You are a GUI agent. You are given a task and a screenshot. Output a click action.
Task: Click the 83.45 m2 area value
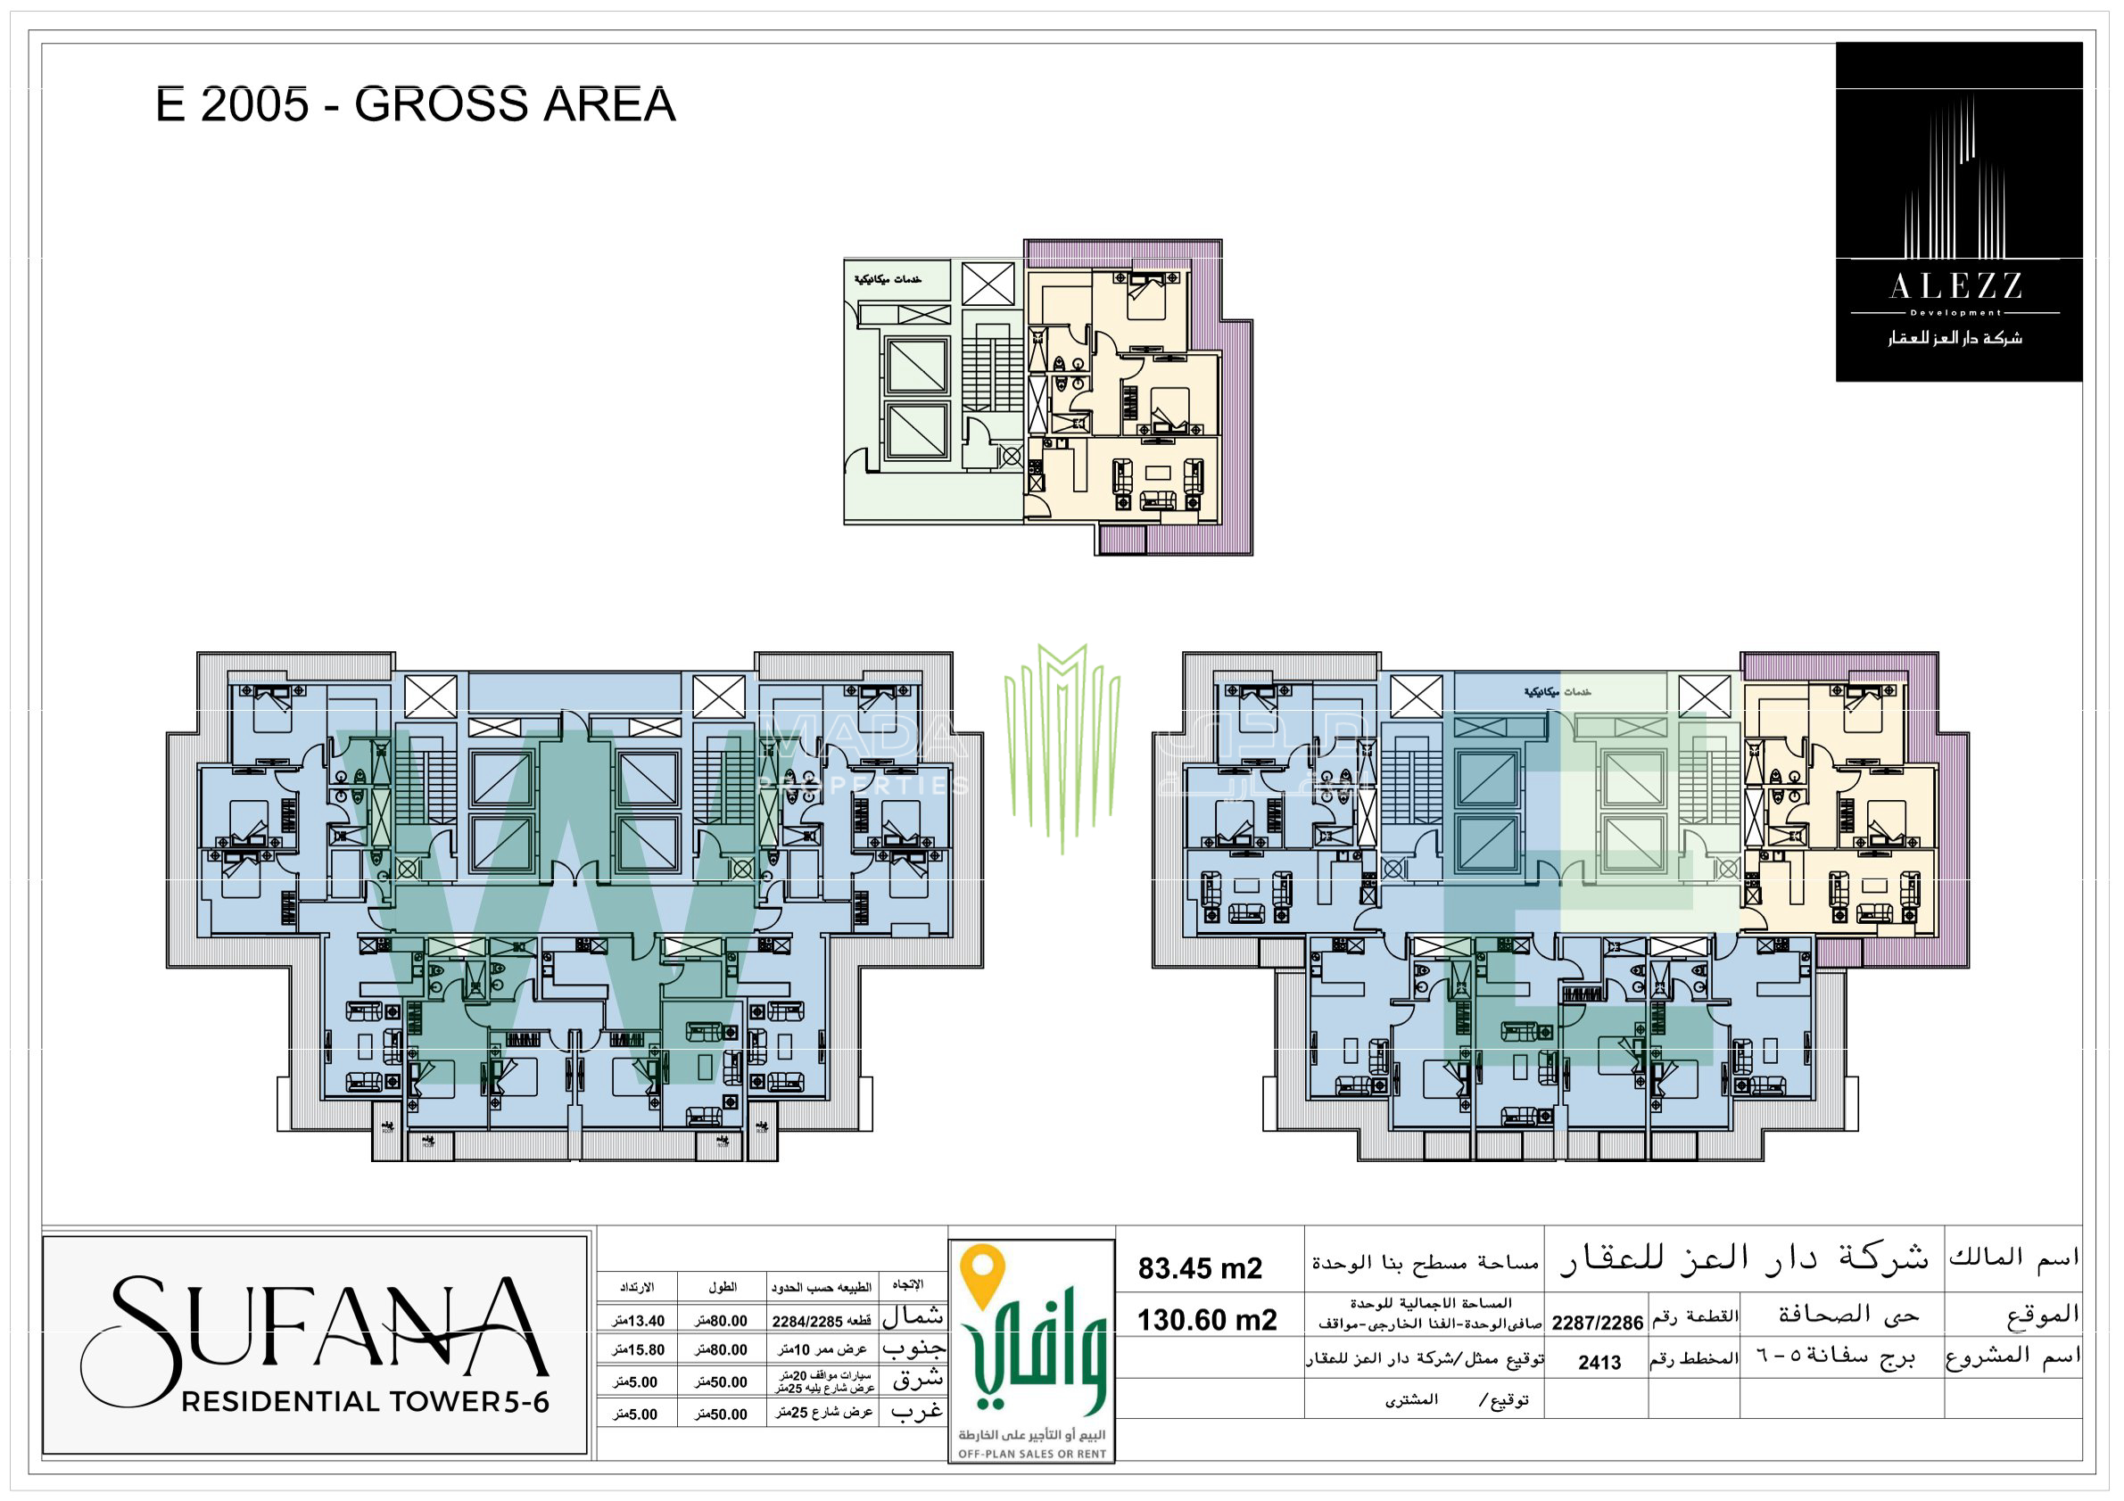[1199, 1268]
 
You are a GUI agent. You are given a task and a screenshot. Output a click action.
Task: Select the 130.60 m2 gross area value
[1206, 1320]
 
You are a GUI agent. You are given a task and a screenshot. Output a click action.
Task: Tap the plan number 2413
[1599, 1362]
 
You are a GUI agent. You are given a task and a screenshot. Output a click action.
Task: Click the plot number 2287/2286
[1597, 1323]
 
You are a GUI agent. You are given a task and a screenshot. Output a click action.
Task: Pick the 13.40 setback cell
[639, 1321]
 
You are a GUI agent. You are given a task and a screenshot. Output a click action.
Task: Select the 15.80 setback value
[639, 1350]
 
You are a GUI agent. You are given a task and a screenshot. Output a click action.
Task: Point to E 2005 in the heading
[231, 103]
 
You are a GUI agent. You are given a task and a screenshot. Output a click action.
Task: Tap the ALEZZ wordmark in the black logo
[1955, 286]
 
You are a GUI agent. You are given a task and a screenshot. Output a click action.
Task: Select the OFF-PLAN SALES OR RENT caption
[1031, 1454]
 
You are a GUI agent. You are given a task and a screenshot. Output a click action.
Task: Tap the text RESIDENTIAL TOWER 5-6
[366, 1402]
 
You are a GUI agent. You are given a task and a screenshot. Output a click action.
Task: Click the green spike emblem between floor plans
[1061, 740]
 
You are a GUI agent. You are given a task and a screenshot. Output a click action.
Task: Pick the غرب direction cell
[916, 1412]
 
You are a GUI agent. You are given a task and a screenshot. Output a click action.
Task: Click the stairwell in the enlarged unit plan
[992, 374]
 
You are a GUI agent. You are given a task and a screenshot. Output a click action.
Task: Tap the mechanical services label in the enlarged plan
[888, 279]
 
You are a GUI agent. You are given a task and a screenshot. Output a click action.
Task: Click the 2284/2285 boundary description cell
[822, 1321]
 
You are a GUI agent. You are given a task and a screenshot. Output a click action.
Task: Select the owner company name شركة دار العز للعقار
[1743, 1258]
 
